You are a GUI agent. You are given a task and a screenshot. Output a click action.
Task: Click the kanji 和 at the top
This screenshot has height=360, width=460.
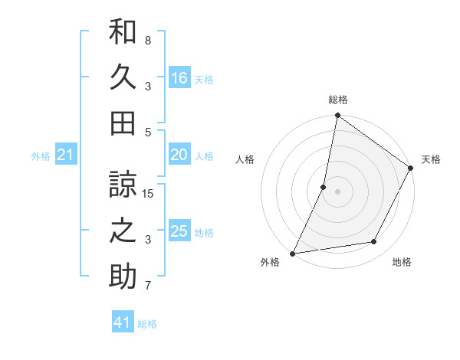[123, 32]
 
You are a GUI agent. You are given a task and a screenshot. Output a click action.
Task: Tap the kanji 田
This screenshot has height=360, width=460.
[123, 123]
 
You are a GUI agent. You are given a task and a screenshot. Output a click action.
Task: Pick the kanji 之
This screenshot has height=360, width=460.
[123, 231]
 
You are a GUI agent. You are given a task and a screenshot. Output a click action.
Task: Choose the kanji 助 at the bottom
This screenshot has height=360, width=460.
[123, 276]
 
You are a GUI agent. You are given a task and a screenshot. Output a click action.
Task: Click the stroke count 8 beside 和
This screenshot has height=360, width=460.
[148, 40]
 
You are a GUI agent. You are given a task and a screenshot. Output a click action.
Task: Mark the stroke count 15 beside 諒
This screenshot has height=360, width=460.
[148, 194]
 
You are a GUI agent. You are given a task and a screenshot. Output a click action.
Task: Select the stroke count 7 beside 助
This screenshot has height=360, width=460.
[148, 286]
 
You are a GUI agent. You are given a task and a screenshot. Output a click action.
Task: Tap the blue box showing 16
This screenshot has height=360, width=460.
[179, 77]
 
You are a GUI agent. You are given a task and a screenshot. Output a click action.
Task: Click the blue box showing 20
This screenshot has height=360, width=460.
[179, 155]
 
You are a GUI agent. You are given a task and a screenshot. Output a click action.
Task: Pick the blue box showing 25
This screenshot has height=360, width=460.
[179, 231]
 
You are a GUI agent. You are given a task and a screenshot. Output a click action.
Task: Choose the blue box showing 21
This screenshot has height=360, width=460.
[65, 155]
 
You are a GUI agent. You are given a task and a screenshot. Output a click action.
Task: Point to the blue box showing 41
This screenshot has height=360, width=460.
[123, 322]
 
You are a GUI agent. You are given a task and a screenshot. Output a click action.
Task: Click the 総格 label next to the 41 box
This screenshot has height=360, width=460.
[147, 324]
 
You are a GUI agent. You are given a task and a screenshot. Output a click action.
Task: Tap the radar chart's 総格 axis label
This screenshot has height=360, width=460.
[337, 100]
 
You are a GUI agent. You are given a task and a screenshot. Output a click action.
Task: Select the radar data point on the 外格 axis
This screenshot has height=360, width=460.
[293, 254]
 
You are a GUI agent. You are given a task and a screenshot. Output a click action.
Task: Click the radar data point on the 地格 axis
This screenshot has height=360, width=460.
[374, 242]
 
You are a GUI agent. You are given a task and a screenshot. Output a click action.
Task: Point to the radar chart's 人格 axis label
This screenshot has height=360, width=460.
[245, 159]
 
